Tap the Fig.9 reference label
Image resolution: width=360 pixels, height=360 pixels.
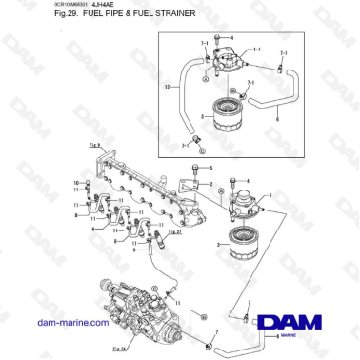point(93,146)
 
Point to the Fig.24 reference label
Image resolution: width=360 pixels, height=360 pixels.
point(118,351)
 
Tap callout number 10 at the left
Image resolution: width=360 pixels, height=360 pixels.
point(75,181)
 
